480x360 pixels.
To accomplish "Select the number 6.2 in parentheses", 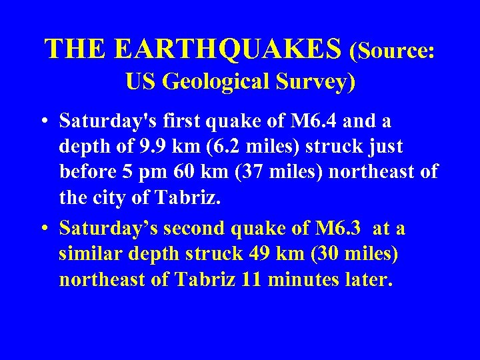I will (212, 146).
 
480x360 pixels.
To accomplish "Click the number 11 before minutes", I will (251, 279).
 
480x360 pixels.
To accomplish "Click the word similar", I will (87, 254).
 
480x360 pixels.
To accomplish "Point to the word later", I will (365, 279).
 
